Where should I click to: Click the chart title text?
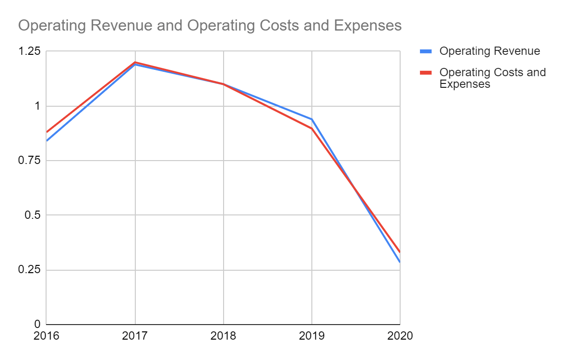click(210, 25)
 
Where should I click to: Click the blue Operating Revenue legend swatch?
click(425, 51)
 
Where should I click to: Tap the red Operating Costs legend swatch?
click(425, 72)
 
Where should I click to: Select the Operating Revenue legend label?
click(489, 51)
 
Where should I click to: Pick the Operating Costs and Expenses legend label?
click(492, 78)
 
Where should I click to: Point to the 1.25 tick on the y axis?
click(30, 51)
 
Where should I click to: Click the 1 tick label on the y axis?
click(36, 106)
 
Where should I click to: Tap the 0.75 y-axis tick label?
click(30, 161)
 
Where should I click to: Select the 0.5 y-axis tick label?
click(32, 215)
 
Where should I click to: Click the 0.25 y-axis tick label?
click(30, 270)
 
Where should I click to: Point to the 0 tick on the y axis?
click(36, 324)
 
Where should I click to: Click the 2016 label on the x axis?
click(47, 336)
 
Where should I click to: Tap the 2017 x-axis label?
click(135, 336)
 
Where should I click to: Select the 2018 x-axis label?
click(223, 336)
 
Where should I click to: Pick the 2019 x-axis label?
click(311, 336)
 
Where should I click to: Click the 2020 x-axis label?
click(400, 336)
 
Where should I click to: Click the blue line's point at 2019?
click(311, 119)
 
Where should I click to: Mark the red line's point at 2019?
click(311, 128)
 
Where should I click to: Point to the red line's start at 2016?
click(47, 132)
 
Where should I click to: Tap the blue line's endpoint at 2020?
click(400, 262)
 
